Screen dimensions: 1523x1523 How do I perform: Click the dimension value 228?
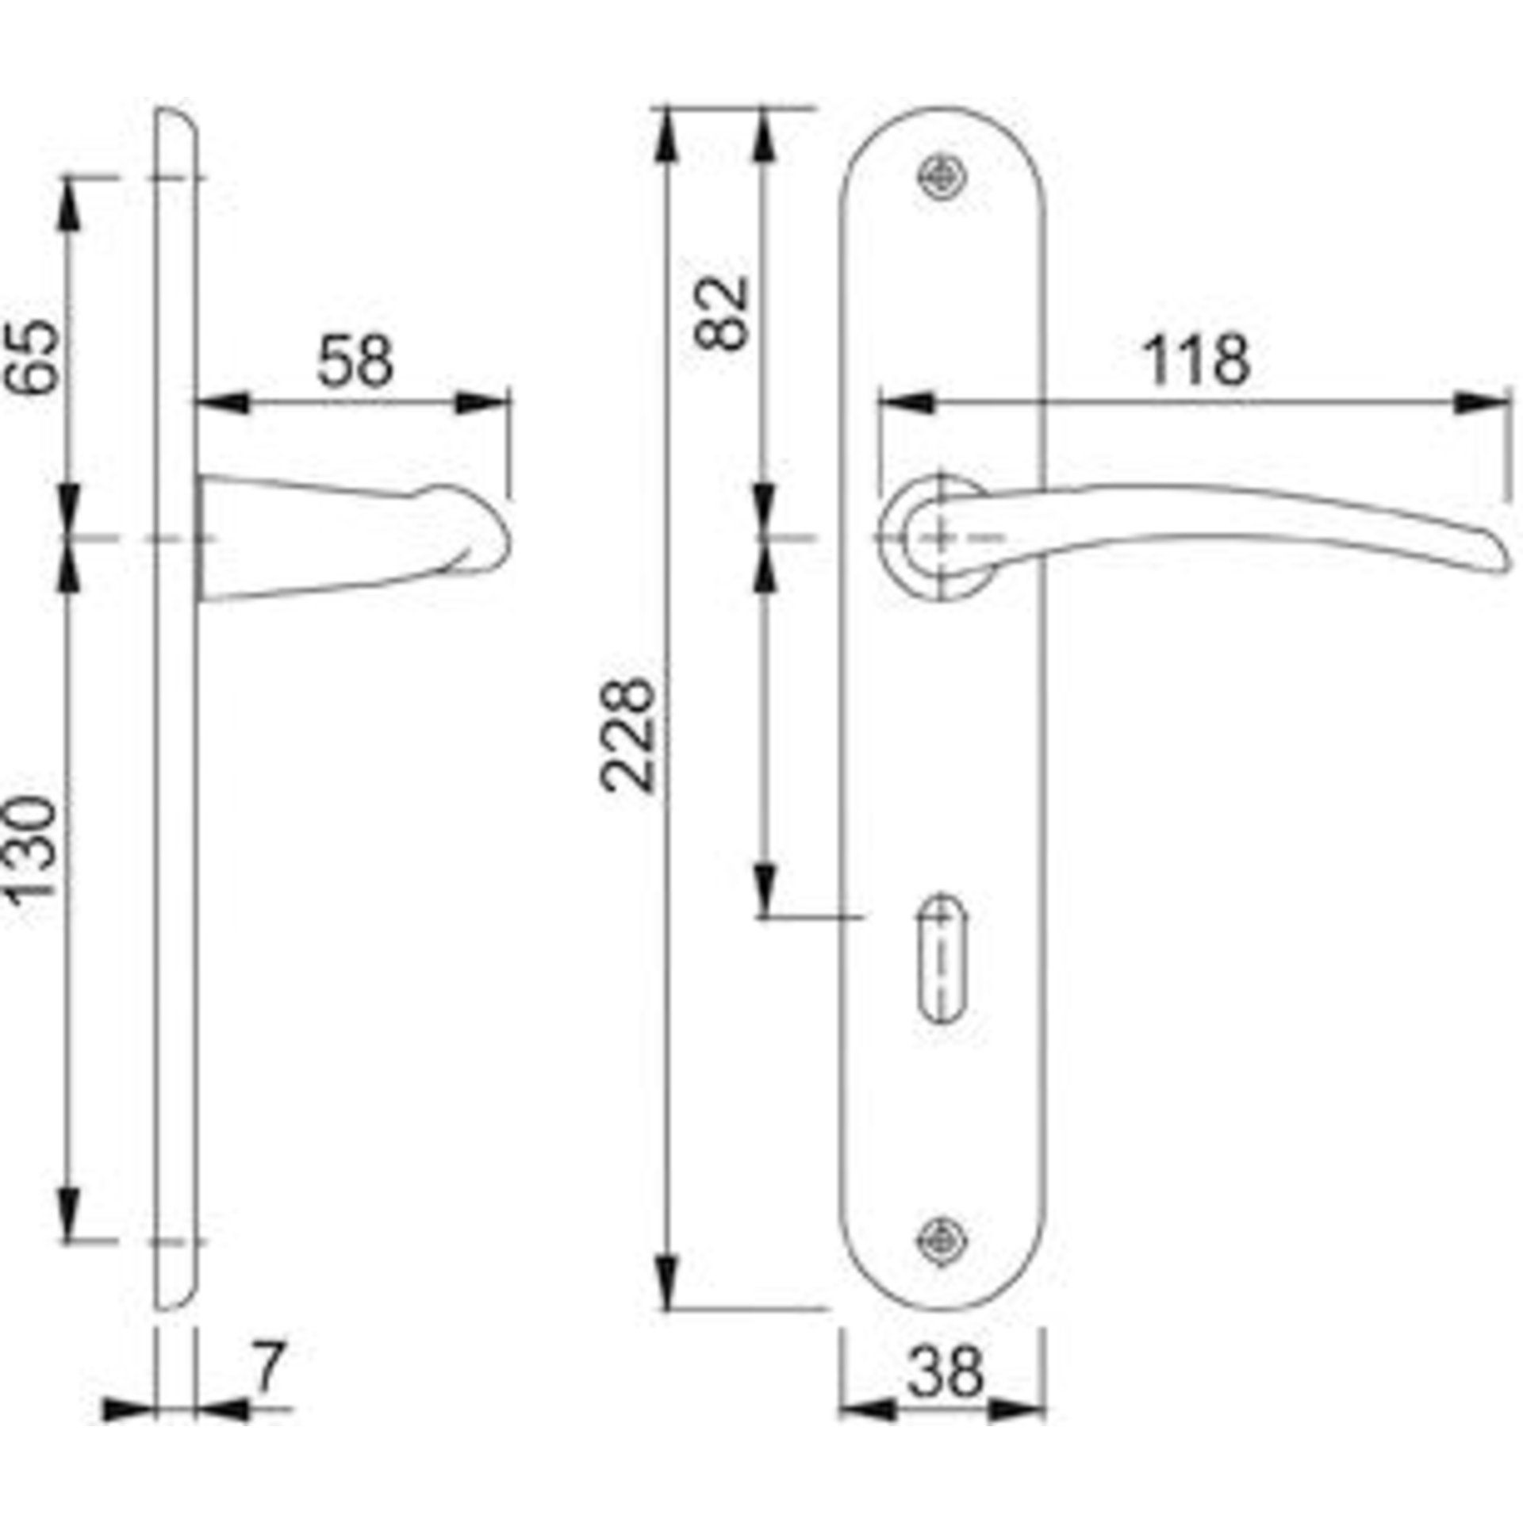[x=628, y=735]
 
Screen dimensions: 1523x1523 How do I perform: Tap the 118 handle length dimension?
[x=1198, y=361]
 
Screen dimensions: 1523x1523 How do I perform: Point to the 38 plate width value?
[x=945, y=1373]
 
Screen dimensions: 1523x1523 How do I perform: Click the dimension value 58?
[x=355, y=361]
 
